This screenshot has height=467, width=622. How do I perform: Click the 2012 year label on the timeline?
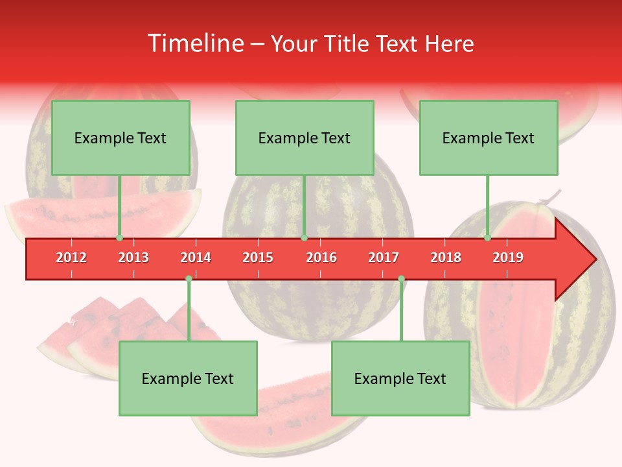tap(71, 257)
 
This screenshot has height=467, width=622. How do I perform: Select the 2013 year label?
tap(133, 257)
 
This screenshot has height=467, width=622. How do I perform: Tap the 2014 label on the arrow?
tap(196, 257)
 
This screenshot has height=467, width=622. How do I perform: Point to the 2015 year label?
tap(258, 257)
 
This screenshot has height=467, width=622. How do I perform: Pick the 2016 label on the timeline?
tap(321, 257)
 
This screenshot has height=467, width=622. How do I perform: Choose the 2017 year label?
tap(384, 257)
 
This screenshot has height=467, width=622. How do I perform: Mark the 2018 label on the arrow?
tap(446, 257)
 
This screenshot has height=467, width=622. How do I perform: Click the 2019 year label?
tap(508, 257)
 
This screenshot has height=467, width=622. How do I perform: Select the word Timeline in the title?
tap(194, 43)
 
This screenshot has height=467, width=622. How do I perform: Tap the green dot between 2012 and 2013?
tap(119, 238)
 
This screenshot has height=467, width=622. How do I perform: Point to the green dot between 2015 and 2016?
tap(304, 238)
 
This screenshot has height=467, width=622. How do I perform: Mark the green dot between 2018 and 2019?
tap(488, 238)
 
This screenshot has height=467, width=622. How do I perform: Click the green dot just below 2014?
tap(189, 279)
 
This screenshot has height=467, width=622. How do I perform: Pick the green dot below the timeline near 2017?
tap(401, 279)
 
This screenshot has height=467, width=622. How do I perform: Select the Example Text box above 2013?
tap(121, 138)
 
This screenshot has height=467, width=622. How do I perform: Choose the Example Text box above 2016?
tap(305, 138)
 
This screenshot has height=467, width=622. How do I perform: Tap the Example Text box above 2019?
tap(489, 138)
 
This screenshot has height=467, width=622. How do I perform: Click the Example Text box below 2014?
tap(188, 379)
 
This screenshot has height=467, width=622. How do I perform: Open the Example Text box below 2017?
tap(400, 379)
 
